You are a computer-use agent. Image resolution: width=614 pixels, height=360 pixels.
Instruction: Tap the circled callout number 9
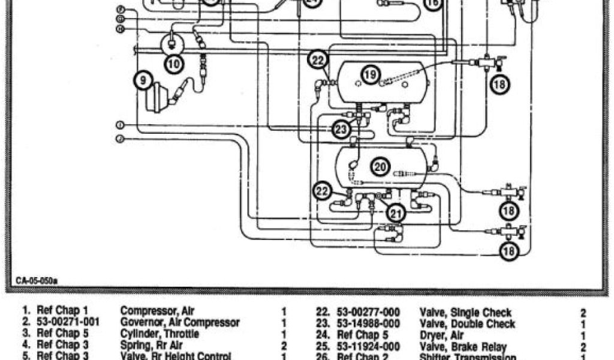coord(144,79)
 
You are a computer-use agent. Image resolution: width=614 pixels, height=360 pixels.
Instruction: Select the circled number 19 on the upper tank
coord(371,75)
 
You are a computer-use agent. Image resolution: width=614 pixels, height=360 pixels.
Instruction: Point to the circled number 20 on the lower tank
coord(380,167)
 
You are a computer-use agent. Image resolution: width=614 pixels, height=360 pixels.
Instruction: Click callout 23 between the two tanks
coord(341,129)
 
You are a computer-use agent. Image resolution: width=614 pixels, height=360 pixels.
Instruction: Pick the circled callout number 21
coord(395,212)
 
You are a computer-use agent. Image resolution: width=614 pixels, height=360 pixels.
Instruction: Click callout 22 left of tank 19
coord(318,60)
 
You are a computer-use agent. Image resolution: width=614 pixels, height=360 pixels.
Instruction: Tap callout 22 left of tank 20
coord(323,191)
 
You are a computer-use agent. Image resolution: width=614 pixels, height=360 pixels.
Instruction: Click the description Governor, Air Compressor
coord(180,323)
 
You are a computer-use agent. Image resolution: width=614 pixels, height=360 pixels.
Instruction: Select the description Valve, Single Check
coord(465,313)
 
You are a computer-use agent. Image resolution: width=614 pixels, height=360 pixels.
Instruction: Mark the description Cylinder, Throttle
coord(158,334)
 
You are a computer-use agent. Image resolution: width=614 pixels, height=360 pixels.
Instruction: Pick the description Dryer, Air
coord(441,335)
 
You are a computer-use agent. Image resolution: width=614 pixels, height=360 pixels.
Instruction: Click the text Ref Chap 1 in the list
coord(63,311)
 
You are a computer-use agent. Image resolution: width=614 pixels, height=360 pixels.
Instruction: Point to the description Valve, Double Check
coord(467,324)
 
